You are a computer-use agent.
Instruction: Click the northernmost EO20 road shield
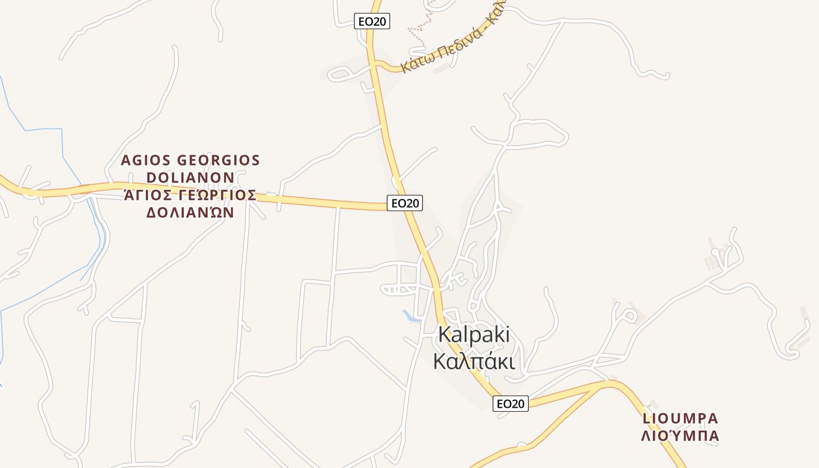pyautogui.click(x=372, y=22)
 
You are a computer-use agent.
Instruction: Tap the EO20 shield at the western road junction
pyautogui.click(x=405, y=203)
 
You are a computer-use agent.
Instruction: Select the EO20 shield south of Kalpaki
pyautogui.click(x=510, y=404)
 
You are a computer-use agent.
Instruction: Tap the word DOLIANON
pyautogui.click(x=190, y=177)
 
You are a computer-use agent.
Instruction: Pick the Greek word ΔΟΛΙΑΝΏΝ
pyautogui.click(x=190, y=212)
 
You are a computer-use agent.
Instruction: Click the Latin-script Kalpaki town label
pyautogui.click(x=474, y=335)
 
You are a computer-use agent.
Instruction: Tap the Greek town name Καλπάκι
pyautogui.click(x=474, y=361)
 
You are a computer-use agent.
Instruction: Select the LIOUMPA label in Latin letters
pyautogui.click(x=680, y=418)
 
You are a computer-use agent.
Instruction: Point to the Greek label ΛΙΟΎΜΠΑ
pyautogui.click(x=680, y=436)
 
